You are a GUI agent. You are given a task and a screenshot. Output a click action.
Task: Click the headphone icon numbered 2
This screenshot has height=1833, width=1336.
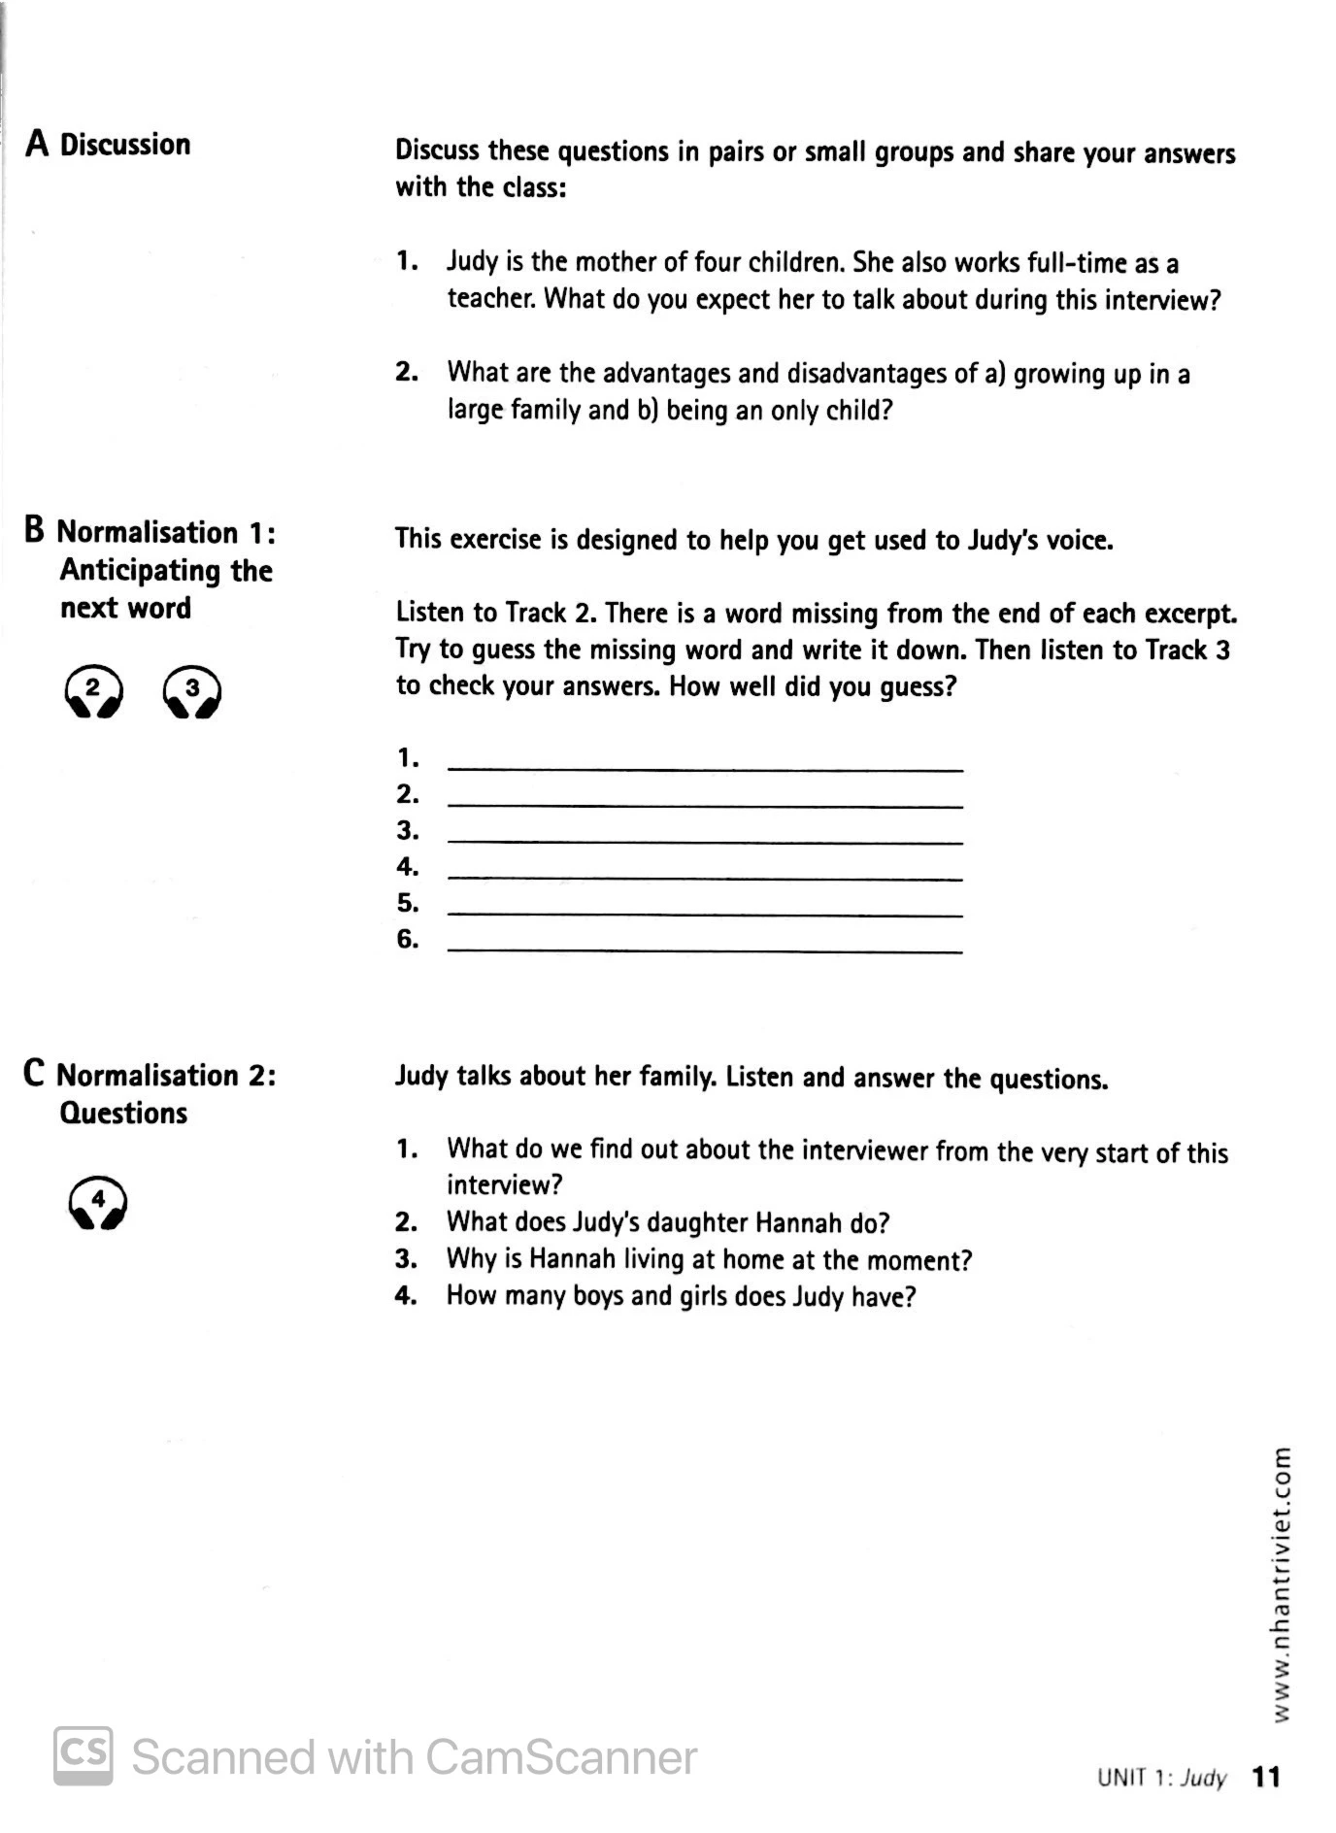pyautogui.click(x=93, y=691)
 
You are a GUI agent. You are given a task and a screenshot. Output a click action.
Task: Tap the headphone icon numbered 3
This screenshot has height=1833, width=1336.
pyautogui.click(x=192, y=691)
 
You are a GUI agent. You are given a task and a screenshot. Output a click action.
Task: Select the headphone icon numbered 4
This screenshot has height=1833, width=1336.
pyautogui.click(x=98, y=1203)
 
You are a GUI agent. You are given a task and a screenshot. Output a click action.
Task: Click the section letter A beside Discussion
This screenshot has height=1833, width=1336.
pyautogui.click(x=37, y=144)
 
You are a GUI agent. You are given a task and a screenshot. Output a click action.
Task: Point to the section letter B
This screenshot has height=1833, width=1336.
pyautogui.click(x=35, y=531)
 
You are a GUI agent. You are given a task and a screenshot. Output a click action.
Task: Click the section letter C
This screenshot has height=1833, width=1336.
pyautogui.click(x=35, y=1074)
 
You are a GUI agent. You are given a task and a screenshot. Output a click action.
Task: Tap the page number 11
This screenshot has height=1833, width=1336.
pyautogui.click(x=1266, y=1777)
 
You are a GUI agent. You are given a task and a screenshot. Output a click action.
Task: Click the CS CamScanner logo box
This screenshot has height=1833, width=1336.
pyautogui.click(x=83, y=1755)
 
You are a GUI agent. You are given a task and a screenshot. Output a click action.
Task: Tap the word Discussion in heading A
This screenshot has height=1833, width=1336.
pyautogui.click(x=125, y=145)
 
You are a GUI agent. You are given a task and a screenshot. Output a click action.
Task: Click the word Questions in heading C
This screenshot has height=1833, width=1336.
pyautogui.click(x=123, y=1113)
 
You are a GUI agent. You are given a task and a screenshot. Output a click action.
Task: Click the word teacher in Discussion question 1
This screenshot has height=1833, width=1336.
pyautogui.click(x=491, y=299)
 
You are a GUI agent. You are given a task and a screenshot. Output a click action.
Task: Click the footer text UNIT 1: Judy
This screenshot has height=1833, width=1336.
pyautogui.click(x=1161, y=1778)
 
